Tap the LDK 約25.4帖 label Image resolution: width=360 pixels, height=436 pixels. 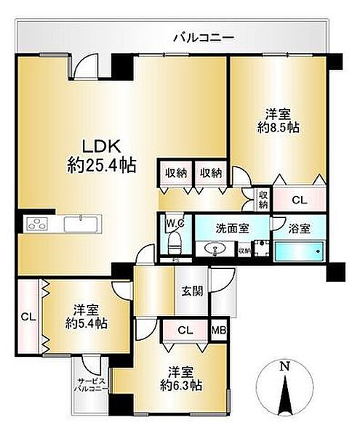[101, 153]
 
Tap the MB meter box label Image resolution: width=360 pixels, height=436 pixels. [218, 330]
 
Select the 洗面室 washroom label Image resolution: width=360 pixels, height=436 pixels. [232, 227]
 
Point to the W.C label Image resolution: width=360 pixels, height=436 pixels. [174, 224]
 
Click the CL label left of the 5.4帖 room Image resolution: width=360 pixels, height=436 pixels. [28, 316]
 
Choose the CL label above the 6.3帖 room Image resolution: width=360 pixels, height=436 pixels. [185, 330]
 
